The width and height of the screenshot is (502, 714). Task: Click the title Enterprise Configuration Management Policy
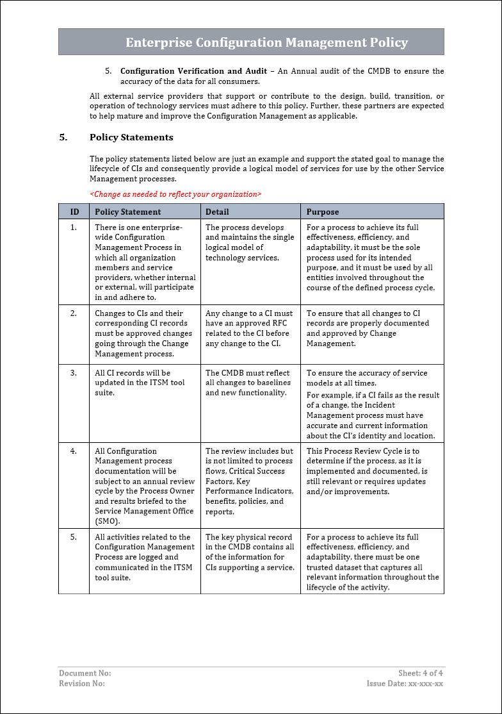pyautogui.click(x=266, y=43)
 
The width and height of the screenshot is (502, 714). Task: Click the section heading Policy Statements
pyautogui.click(x=131, y=137)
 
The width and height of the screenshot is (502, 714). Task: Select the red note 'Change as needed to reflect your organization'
pyautogui.click(x=175, y=194)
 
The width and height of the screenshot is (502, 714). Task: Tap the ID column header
pyautogui.click(x=74, y=212)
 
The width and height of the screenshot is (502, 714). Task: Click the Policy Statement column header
pyautogui.click(x=128, y=212)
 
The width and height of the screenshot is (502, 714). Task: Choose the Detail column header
pyautogui.click(x=217, y=212)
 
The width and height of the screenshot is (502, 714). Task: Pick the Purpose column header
pyautogui.click(x=323, y=212)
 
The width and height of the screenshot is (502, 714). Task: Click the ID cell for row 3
pyautogui.click(x=74, y=373)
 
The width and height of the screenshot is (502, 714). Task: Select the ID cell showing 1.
pyautogui.click(x=74, y=228)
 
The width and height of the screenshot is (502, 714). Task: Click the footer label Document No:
pyautogui.click(x=85, y=673)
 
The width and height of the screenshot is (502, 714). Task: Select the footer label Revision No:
pyautogui.click(x=82, y=683)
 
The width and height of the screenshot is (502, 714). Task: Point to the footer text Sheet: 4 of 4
pyautogui.click(x=420, y=673)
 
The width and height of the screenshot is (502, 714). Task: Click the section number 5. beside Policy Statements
pyautogui.click(x=63, y=137)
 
